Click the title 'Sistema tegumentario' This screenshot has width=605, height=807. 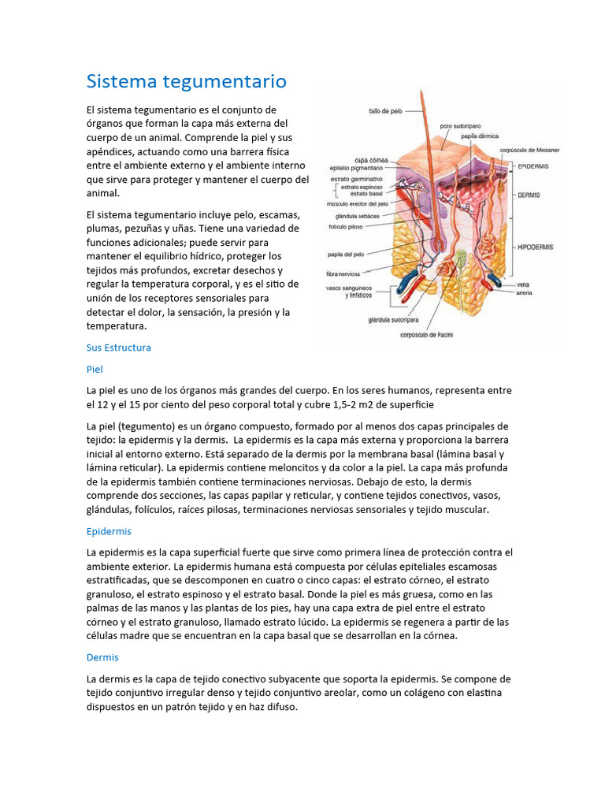coord(186,81)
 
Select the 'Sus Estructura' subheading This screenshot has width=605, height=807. coord(118,348)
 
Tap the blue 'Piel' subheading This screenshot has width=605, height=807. coord(95,369)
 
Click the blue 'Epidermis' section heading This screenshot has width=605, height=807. coord(109,532)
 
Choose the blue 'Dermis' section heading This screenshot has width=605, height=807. coord(102,657)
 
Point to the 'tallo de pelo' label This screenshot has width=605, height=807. coord(385,111)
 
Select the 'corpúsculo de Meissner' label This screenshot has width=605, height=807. coord(529,150)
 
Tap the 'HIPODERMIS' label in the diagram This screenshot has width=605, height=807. coord(534,247)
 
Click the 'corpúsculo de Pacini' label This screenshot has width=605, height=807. coord(428,335)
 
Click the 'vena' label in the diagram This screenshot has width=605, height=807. coord(523,284)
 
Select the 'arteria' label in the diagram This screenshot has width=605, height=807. coord(525,292)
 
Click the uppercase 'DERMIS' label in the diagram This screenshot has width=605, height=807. coord(529,193)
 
